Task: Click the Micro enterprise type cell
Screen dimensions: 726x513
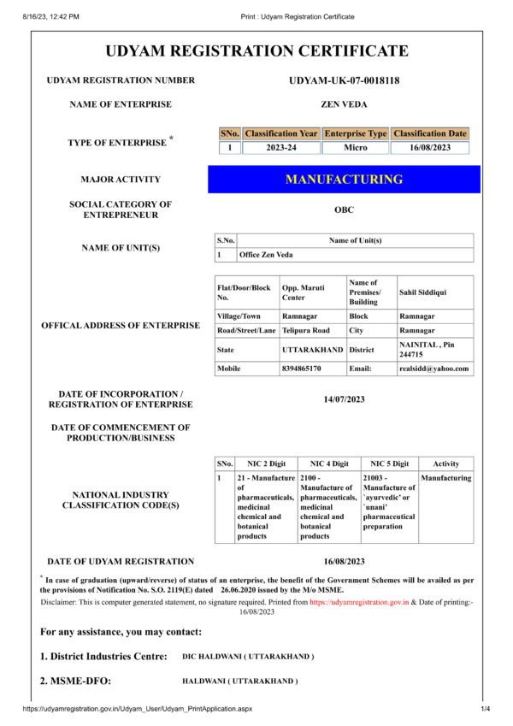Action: pos(356,148)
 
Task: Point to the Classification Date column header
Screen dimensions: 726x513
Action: pos(430,133)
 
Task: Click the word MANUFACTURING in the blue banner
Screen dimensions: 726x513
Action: pos(344,180)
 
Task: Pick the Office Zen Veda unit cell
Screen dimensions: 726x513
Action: pos(266,255)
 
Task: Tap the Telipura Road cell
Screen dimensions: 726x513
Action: pos(305,330)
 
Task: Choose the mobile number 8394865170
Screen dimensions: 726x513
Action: pos(302,369)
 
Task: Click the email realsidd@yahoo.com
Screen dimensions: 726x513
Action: pos(434,369)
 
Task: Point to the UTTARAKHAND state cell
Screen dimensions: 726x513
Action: pos(313,350)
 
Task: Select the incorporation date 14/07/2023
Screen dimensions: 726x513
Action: pos(345,399)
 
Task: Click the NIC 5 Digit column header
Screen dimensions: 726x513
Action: pos(389,463)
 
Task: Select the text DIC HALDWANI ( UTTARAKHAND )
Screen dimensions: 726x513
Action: pos(248,657)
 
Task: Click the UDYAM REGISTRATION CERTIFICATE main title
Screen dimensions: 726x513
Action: pos(256,50)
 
